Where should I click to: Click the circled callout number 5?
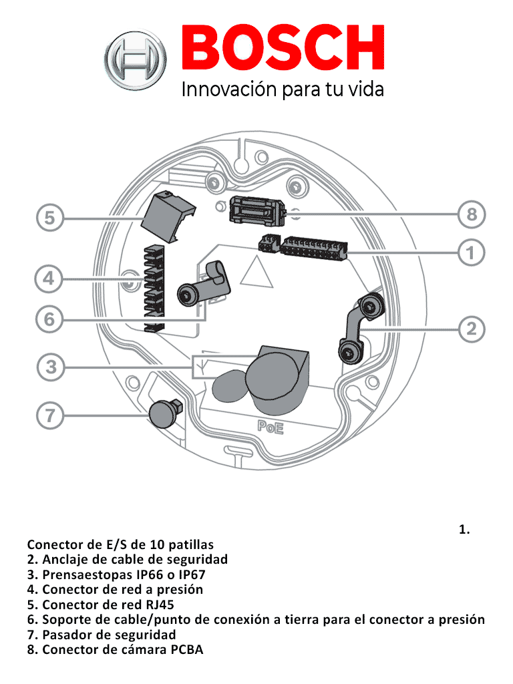point(50,218)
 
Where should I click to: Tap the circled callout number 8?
point(472,214)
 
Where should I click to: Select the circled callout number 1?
point(472,253)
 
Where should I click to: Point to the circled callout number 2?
point(472,329)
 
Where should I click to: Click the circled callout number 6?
point(49,319)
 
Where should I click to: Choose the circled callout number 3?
point(50,367)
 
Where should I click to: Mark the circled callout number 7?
point(49,415)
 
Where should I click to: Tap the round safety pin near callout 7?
point(162,412)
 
